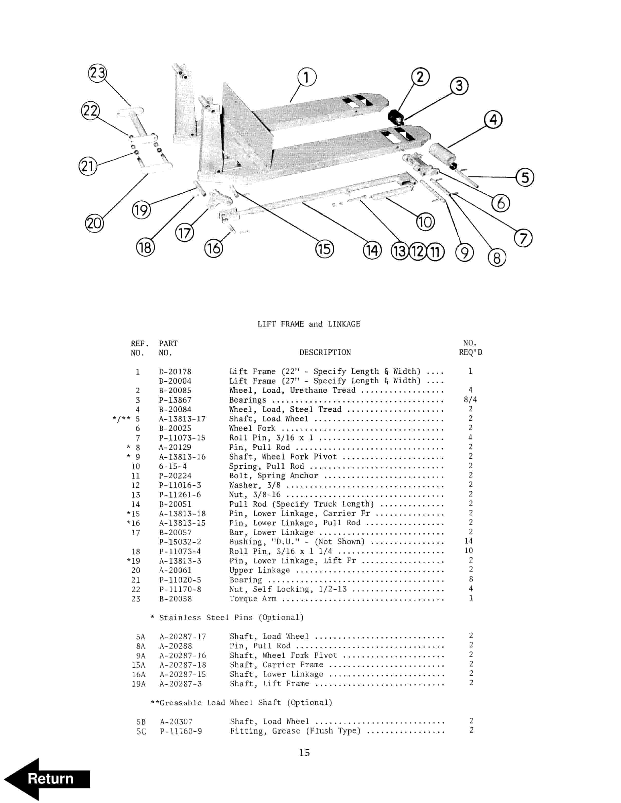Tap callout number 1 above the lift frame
pos(306,77)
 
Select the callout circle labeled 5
pos(525,178)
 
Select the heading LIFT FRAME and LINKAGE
pos(308,324)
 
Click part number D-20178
pos(175,372)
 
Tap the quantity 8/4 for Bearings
pos(470,400)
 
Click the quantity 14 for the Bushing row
pos(468,541)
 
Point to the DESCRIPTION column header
pos(325,352)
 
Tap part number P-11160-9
pos(181,731)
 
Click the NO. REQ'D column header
pos(470,348)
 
